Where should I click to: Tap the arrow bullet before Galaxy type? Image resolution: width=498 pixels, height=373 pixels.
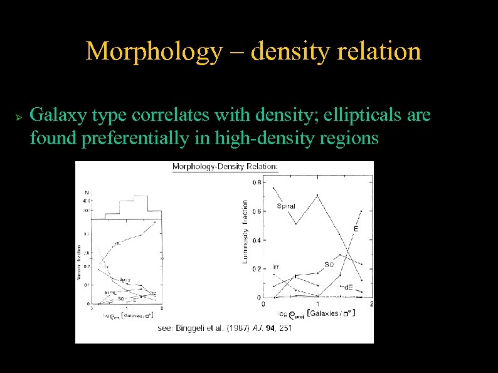tap(18, 117)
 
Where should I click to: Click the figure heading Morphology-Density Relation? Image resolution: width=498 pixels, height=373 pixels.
tap(225, 167)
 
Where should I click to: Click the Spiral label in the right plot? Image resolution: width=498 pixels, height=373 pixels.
tap(286, 206)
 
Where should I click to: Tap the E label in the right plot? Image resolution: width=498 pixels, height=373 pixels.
tap(356, 229)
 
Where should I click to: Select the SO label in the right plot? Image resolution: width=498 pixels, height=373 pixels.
tap(329, 264)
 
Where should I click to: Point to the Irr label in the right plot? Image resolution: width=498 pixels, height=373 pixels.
tap(276, 266)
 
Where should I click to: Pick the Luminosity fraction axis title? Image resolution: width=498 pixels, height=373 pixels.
tap(245, 232)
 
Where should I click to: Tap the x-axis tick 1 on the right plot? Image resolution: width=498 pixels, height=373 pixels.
tap(318, 304)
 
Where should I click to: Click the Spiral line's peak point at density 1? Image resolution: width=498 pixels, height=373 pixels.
tap(318, 195)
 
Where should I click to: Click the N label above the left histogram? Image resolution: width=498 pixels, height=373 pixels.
tap(86, 192)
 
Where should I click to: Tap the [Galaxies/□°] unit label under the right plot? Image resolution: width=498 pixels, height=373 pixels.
tap(331, 312)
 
